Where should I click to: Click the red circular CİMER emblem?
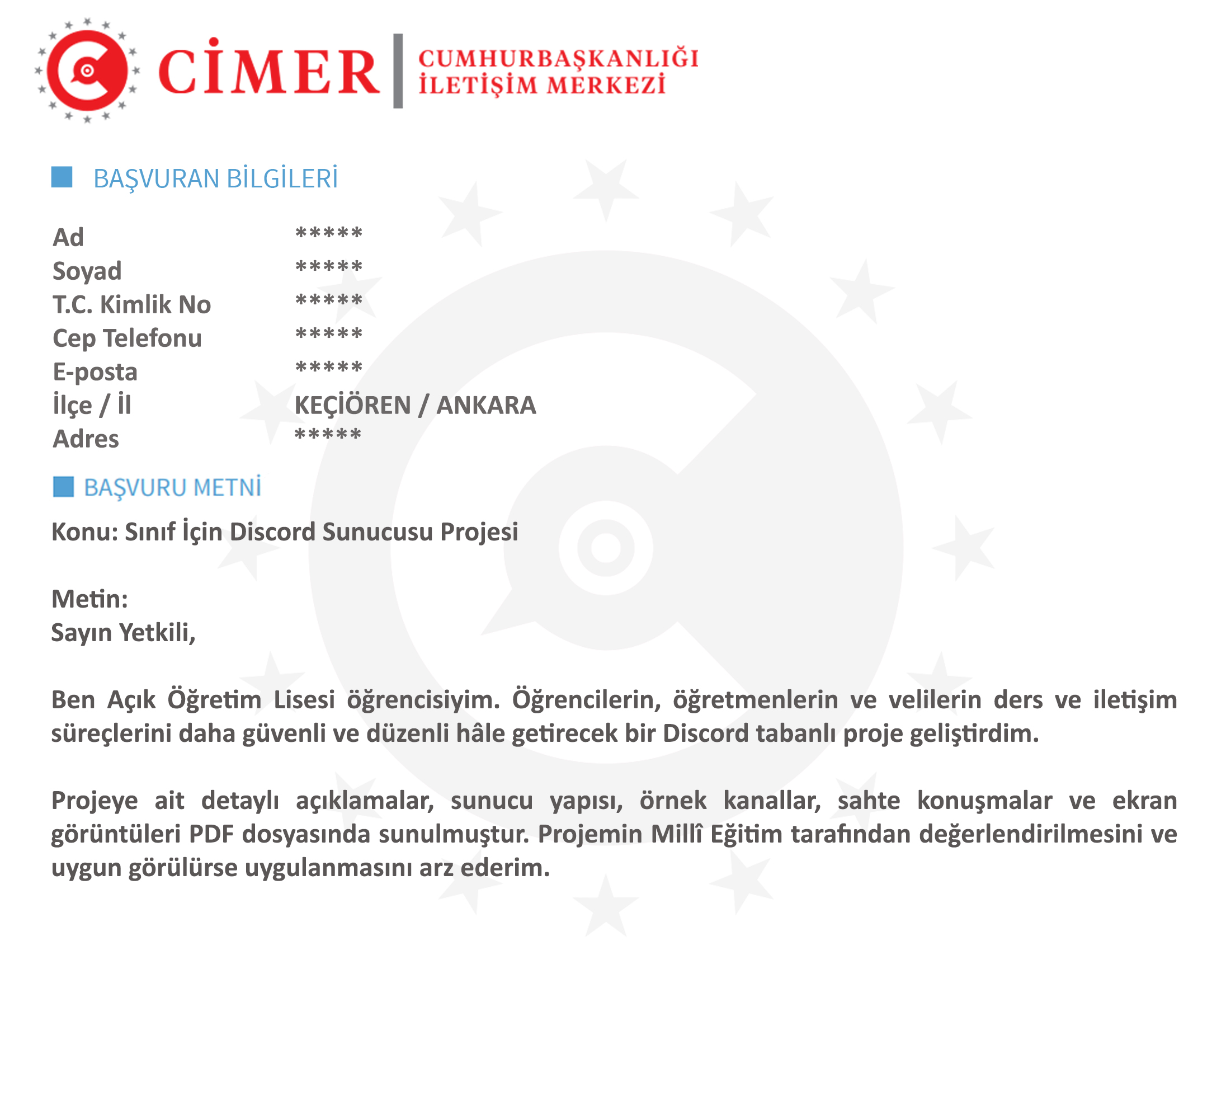coord(88,71)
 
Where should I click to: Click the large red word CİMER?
coord(268,71)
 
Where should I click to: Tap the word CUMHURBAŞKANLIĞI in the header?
coord(559,58)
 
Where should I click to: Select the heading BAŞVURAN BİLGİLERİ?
coord(215,178)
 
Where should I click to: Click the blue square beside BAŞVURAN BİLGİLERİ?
coord(62,177)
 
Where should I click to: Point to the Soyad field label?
coord(87,271)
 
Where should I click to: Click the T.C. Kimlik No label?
coord(131,304)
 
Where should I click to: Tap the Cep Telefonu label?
coord(127,338)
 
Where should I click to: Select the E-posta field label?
coord(95,371)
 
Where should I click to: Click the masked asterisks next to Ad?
coord(329,233)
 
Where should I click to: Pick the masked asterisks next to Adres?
coord(328,434)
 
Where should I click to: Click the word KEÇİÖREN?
coord(352,405)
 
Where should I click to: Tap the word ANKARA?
coord(486,405)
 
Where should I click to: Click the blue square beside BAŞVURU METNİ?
coord(64,487)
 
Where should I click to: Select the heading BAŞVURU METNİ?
coord(172,487)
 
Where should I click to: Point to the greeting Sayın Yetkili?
coord(123,633)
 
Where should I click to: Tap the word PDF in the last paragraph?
coord(211,834)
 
